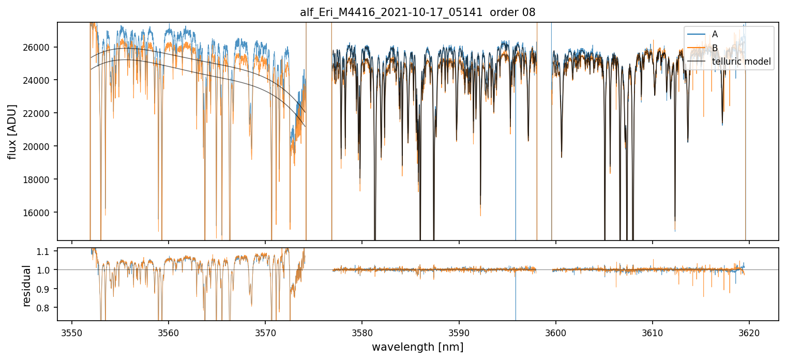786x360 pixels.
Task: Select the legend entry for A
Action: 715,34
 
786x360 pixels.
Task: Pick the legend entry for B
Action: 715,48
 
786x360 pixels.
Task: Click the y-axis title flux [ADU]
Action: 12,131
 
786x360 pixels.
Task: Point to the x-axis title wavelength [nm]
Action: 417,347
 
